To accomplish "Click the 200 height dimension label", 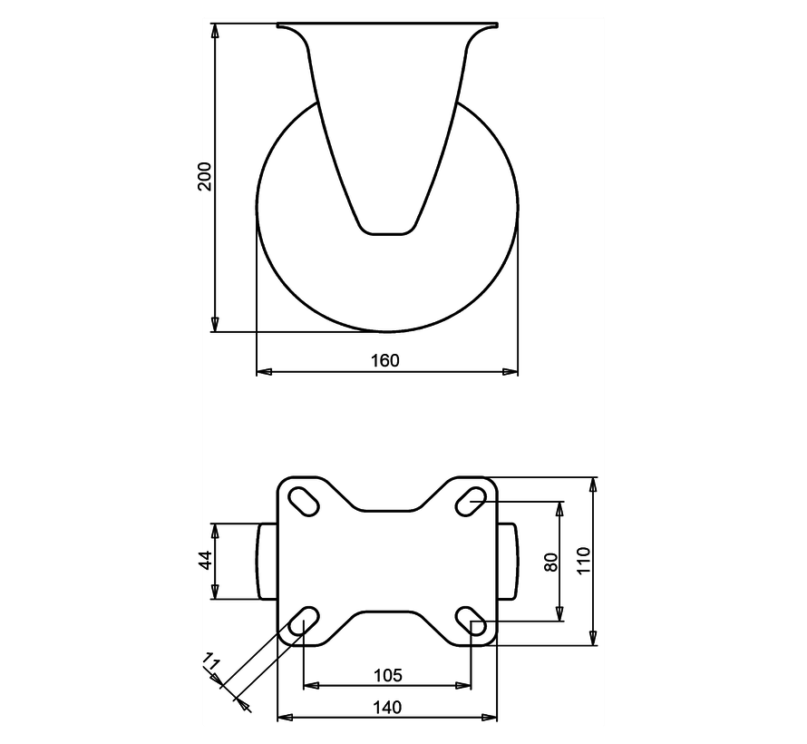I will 205,176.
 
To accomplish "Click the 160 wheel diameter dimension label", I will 385,360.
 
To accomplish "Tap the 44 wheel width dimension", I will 205,560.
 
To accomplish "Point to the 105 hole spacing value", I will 387,675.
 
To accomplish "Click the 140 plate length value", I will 387,707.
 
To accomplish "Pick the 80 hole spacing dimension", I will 549,562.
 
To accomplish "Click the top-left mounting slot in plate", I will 303,500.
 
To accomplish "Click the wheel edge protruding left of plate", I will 267,561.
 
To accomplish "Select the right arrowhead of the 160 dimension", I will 511,371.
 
